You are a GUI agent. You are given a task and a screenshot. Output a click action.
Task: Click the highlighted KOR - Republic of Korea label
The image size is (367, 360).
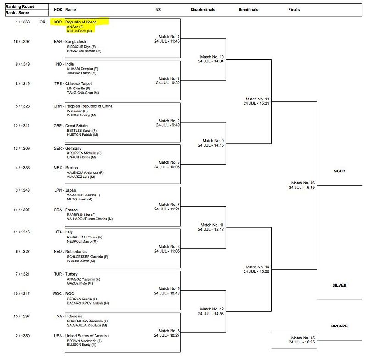[x=75, y=22]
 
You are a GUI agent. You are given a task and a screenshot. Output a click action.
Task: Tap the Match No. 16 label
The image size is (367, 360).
[x=303, y=183]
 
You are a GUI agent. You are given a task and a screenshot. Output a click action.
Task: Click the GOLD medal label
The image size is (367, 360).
[x=339, y=171]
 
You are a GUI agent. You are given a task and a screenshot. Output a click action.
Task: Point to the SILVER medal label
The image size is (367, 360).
[x=339, y=285]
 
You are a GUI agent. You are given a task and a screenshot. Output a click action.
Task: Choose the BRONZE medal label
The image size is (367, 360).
[x=339, y=326]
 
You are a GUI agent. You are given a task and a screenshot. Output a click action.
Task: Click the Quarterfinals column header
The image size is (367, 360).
[x=203, y=9]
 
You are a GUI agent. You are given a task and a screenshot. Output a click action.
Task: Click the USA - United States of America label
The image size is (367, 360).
[x=81, y=336]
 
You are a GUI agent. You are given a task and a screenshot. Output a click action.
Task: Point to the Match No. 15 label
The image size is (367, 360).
[x=303, y=338]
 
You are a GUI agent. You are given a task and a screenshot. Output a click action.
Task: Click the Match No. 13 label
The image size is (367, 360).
[x=257, y=99]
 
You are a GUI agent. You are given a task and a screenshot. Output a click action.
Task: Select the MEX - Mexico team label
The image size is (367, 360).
[x=66, y=168]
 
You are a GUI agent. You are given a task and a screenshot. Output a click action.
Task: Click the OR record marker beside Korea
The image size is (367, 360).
[x=43, y=22]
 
